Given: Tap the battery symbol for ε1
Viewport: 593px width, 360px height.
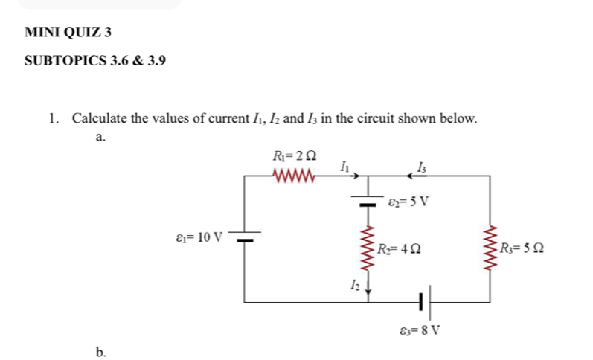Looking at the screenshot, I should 246,236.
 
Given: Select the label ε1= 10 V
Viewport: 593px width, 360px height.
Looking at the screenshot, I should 197,237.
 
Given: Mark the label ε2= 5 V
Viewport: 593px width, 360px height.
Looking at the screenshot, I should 409,202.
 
